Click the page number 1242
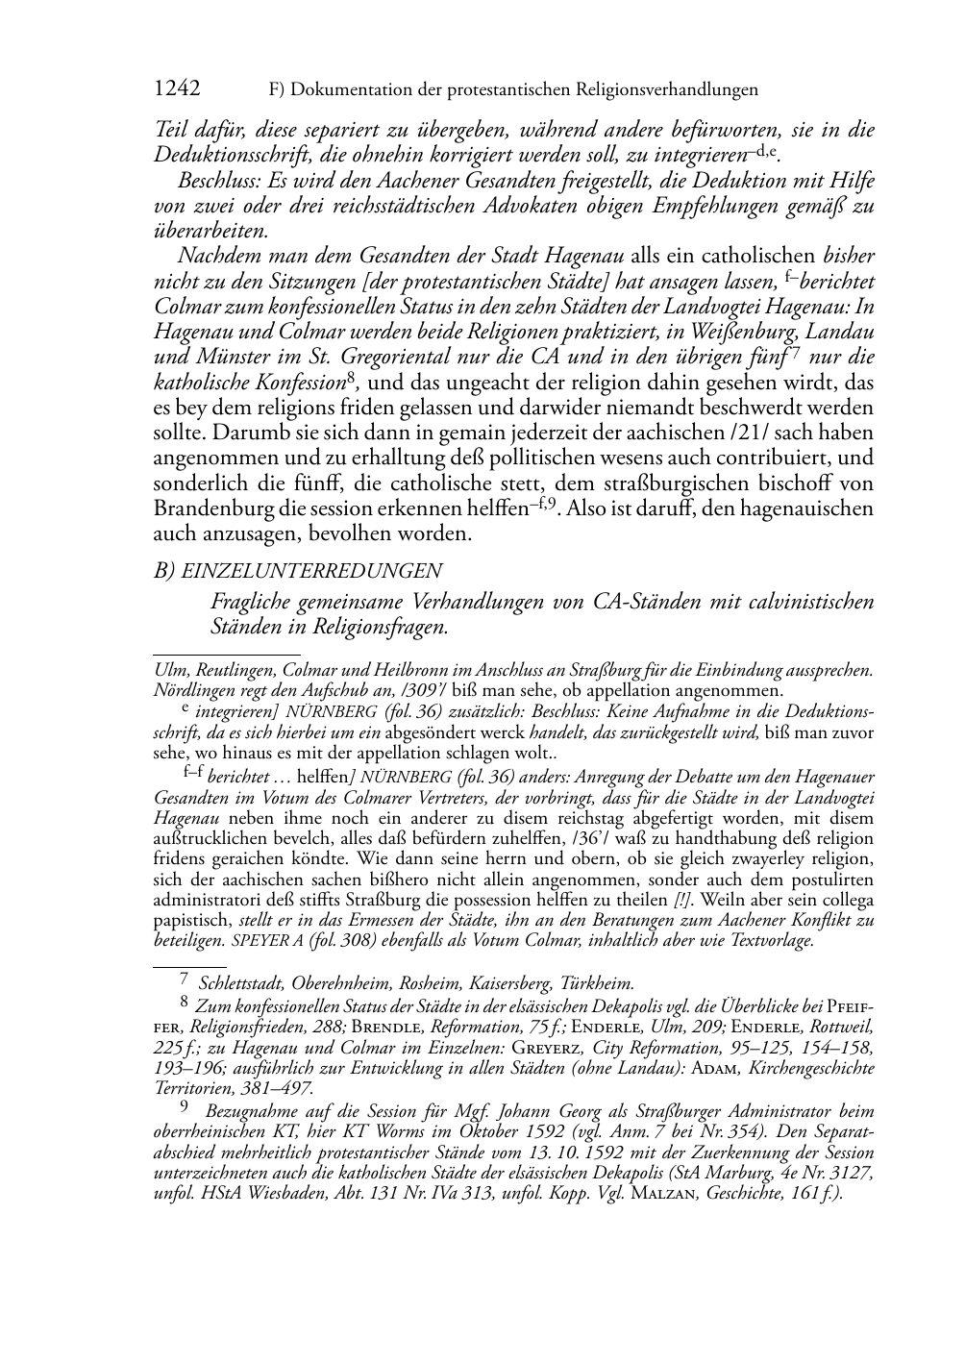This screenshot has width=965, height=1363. (x=177, y=89)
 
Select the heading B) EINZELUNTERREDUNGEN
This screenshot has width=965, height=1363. (x=298, y=570)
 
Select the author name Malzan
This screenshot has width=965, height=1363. (x=664, y=1195)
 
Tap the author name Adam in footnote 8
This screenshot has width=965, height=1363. (x=713, y=1068)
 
